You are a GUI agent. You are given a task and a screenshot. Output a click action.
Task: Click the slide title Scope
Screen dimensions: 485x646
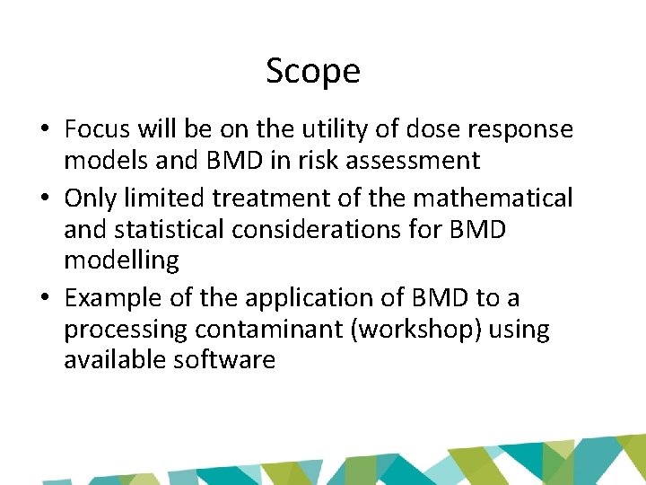(313, 71)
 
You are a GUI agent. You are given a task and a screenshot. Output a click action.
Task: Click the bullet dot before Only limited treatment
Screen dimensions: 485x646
(44, 198)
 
